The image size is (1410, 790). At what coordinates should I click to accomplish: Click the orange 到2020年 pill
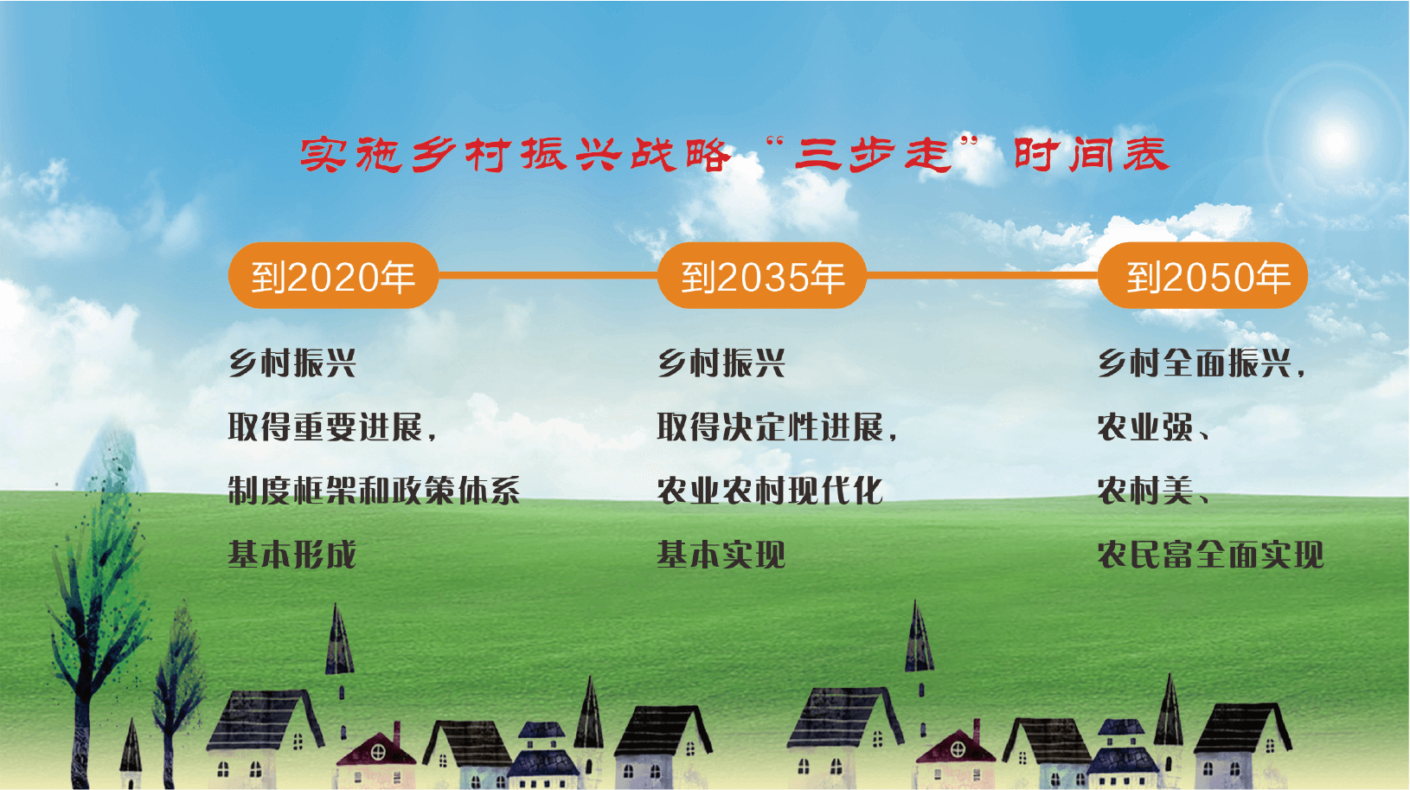click(333, 276)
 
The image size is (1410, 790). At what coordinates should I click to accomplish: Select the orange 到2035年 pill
click(761, 276)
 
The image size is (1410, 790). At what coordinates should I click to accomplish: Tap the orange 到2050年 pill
click(1203, 276)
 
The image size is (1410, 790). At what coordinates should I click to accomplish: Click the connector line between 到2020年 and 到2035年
click(548, 275)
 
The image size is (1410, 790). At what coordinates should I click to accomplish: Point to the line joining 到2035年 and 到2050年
click(982, 275)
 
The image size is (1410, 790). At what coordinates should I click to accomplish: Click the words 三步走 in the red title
click(873, 154)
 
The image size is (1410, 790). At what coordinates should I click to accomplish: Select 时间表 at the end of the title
click(1093, 154)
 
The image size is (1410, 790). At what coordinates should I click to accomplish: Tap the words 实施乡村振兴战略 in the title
click(515, 154)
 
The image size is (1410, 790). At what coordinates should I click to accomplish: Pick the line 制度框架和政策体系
click(374, 491)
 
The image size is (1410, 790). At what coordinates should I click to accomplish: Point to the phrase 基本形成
click(292, 555)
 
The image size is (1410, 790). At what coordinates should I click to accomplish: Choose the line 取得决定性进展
click(771, 427)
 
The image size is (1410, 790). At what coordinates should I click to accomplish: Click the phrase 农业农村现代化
click(770, 491)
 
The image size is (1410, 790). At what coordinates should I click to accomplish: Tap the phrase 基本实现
click(721, 555)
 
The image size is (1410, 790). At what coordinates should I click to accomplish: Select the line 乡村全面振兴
click(1195, 363)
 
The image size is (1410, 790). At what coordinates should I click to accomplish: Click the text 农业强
click(1145, 427)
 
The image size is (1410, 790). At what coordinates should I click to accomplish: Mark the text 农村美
click(1145, 491)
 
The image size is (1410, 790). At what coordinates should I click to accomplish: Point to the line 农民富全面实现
click(1211, 555)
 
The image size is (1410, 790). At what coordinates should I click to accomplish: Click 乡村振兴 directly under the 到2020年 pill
click(292, 363)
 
